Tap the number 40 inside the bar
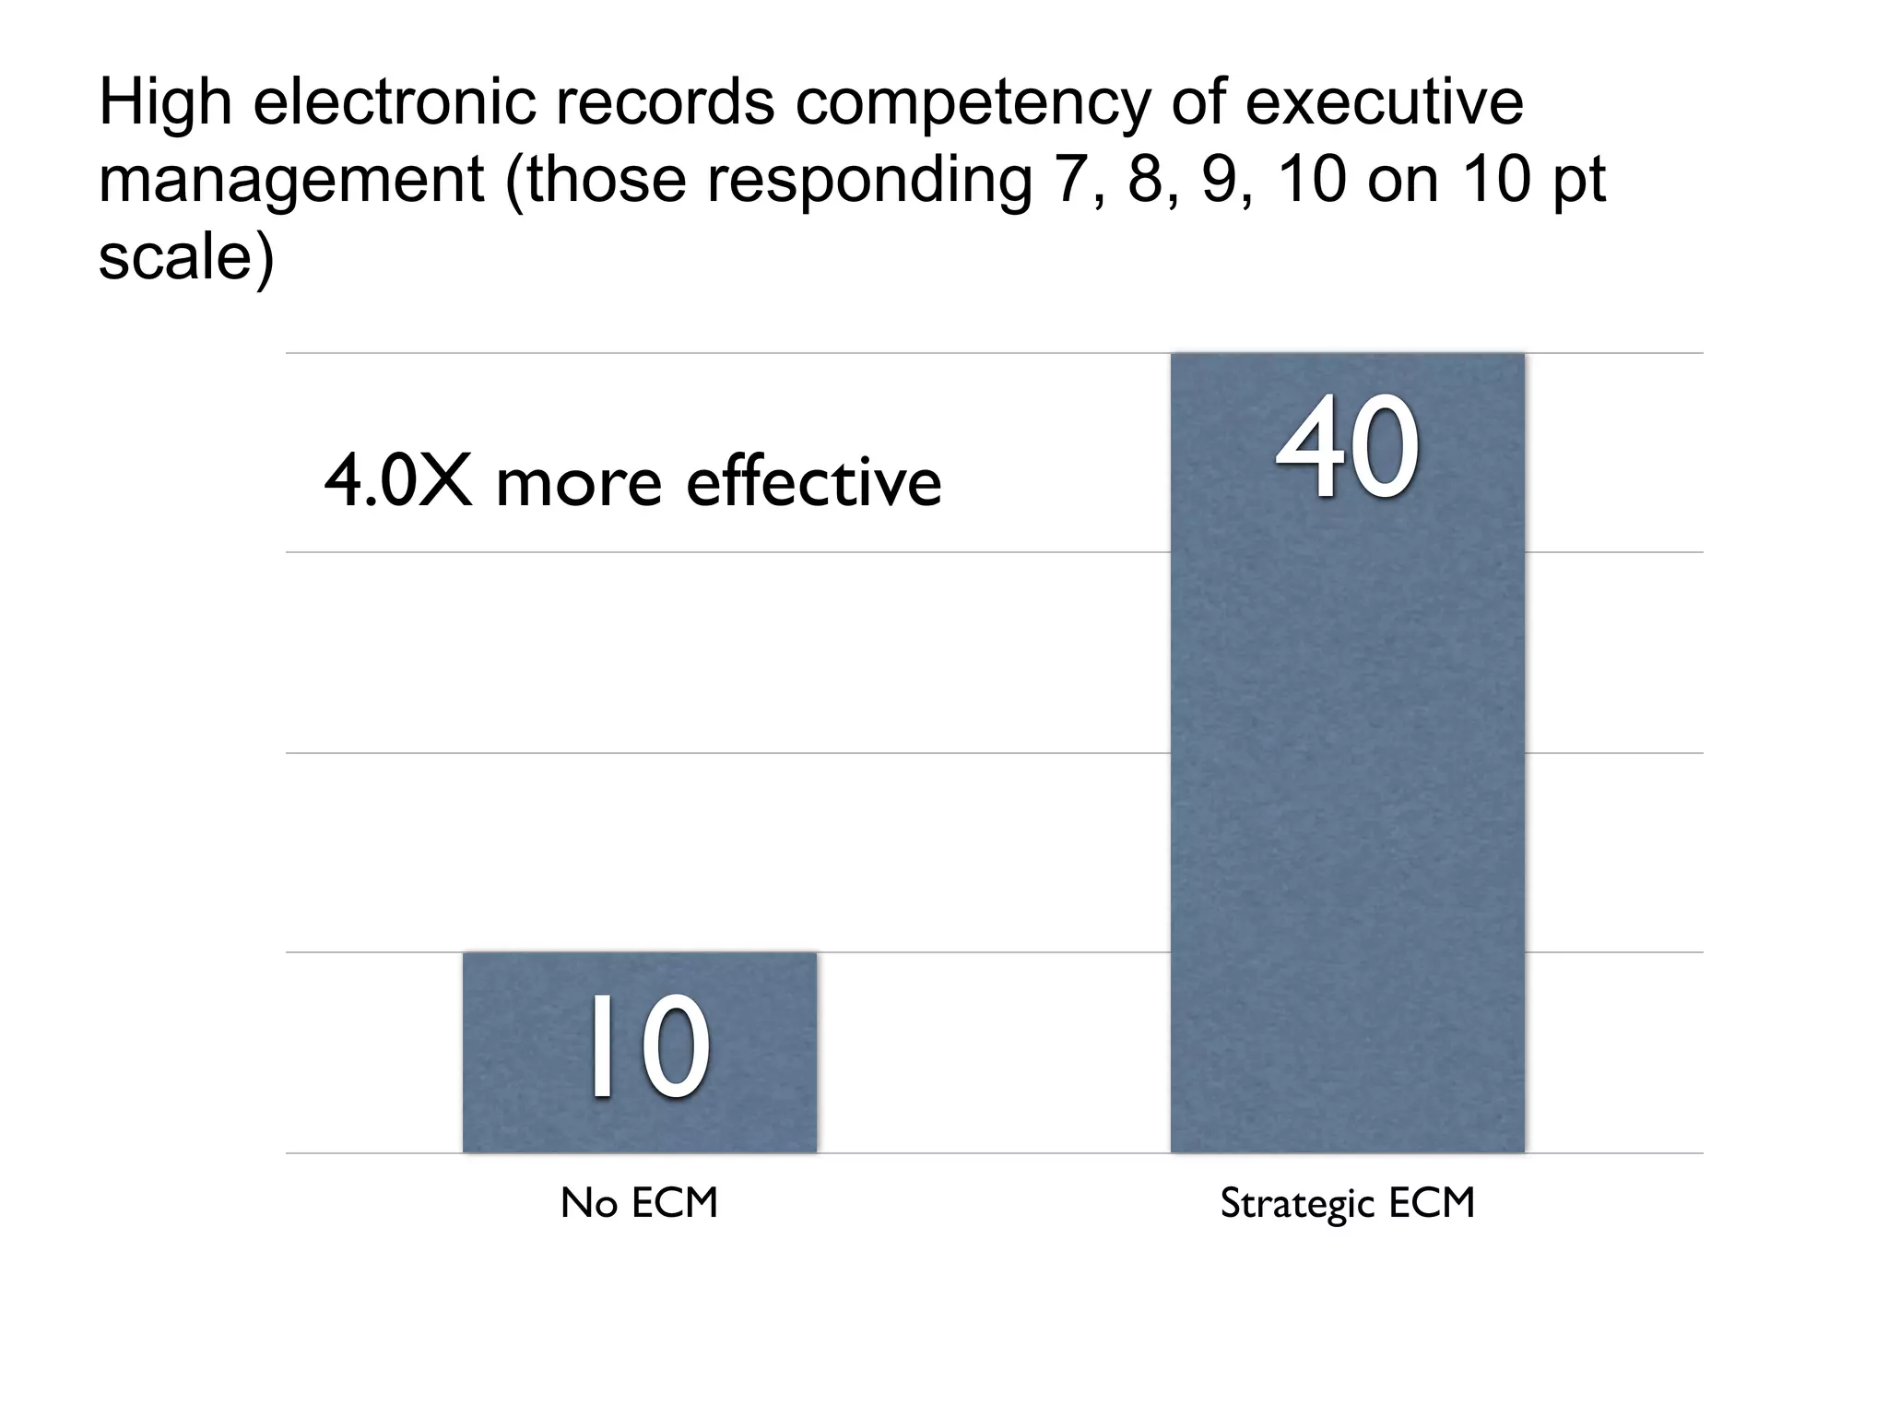(x=1347, y=447)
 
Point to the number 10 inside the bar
(x=648, y=1047)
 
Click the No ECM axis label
(x=639, y=1203)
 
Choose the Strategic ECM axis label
(x=1347, y=1203)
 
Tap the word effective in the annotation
(x=814, y=482)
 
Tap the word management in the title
(x=291, y=182)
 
